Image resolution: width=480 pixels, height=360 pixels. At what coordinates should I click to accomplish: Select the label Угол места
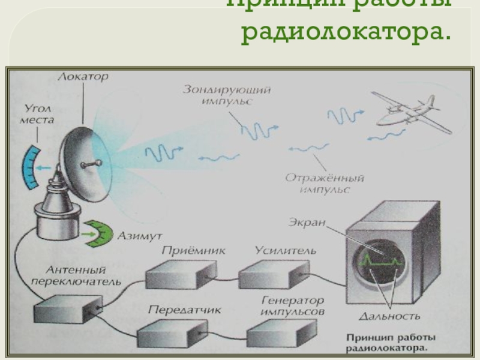(39, 115)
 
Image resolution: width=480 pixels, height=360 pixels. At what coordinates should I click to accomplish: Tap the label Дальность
(389, 316)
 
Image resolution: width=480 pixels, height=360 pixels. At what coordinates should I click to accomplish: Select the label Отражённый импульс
(325, 184)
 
